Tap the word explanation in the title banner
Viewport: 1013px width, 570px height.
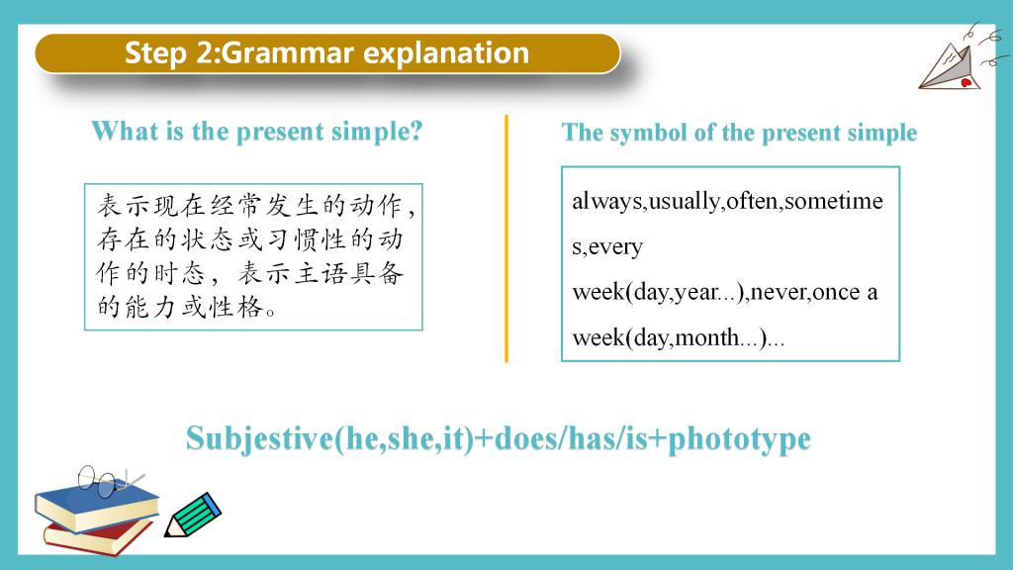[x=446, y=53]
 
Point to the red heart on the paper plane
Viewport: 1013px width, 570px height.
[x=967, y=83]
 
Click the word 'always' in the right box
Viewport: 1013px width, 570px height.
[x=607, y=201]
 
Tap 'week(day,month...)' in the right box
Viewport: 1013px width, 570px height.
[x=670, y=337]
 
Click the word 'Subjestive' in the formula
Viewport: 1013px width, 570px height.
[x=260, y=438]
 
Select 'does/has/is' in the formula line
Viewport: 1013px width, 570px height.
[x=570, y=438]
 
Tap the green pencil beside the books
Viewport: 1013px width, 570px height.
[x=193, y=515]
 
